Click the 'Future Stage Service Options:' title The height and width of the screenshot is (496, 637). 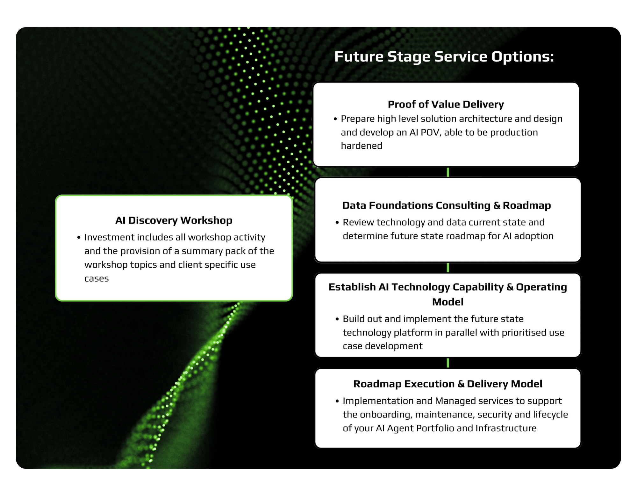click(x=444, y=57)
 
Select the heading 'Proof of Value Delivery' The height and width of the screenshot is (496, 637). click(x=446, y=104)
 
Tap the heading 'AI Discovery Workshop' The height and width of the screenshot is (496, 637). click(x=174, y=220)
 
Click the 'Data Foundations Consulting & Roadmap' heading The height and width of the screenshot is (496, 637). click(x=447, y=205)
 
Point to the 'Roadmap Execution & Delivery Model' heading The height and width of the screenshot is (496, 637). click(x=447, y=384)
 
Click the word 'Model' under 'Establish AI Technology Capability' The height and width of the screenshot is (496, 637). click(x=447, y=302)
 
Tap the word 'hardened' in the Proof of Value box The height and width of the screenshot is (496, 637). click(x=361, y=146)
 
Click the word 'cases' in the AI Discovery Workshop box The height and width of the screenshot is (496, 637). click(x=97, y=279)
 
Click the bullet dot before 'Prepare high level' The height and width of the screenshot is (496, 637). click(x=335, y=119)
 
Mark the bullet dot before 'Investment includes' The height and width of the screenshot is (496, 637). click(x=79, y=238)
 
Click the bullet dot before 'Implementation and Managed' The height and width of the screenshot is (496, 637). click(x=337, y=401)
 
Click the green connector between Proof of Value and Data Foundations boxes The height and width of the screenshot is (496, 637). click(x=448, y=172)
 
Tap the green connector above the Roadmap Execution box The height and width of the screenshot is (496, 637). click(x=448, y=363)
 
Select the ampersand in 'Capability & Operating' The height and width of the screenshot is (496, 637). click(x=510, y=287)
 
